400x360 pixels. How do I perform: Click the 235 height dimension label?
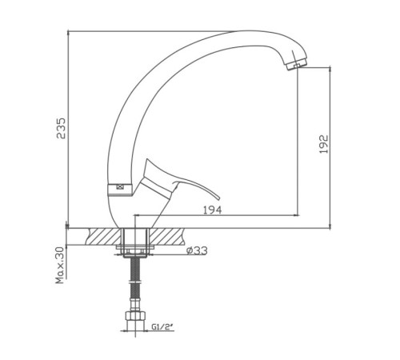pos(61,128)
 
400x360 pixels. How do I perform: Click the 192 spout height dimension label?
pos(323,144)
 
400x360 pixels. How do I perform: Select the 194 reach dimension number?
pos(213,210)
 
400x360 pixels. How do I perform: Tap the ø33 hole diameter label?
pos(197,250)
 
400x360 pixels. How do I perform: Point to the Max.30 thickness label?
pos(60,266)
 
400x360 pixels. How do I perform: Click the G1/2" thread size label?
pos(162,326)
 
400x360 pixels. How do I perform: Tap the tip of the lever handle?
pos(218,198)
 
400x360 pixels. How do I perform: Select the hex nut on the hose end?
pos(135,316)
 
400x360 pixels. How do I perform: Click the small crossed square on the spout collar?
pos(119,187)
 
